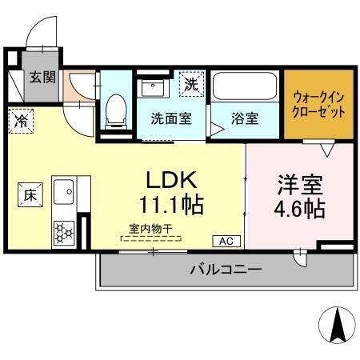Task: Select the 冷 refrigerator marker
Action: (20, 121)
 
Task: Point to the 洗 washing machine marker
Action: (192, 82)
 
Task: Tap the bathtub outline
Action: (245, 87)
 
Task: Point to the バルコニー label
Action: (225, 270)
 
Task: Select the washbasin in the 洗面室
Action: (153, 86)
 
